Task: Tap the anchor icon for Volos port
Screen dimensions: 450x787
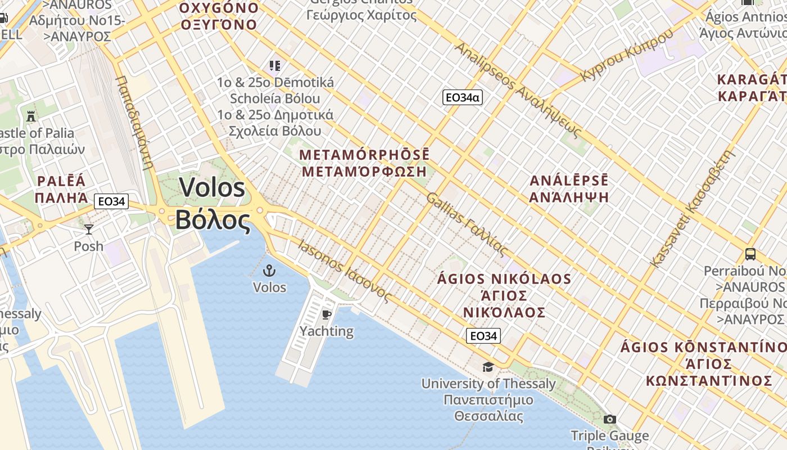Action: [x=270, y=271]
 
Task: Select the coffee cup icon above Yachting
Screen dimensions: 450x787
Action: [x=326, y=314]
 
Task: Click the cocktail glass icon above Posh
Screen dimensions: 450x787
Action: [x=89, y=229]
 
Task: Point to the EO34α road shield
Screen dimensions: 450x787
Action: [x=463, y=97]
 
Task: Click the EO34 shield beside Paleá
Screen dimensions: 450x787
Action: [x=111, y=201]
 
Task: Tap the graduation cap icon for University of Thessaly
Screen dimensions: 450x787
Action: [x=488, y=367]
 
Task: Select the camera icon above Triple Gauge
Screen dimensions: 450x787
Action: [x=609, y=419]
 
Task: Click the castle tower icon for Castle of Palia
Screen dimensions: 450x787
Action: [x=31, y=116]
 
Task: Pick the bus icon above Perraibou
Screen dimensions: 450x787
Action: [x=750, y=254]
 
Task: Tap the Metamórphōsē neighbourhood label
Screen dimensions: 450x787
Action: [x=365, y=163]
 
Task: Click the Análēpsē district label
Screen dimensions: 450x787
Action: [x=570, y=188]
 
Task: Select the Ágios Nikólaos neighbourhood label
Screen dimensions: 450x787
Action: [x=504, y=295]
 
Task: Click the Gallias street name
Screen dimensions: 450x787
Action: [x=467, y=224]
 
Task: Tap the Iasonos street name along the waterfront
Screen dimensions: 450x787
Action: [x=344, y=271]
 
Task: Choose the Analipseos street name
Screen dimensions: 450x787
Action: [x=517, y=90]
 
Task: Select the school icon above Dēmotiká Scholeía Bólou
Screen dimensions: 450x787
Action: [x=274, y=66]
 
